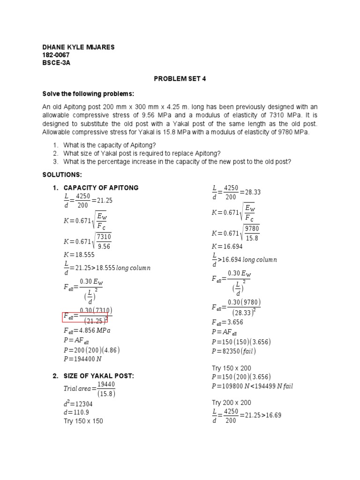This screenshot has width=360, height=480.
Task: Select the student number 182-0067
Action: [56, 55]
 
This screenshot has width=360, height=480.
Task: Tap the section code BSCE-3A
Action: [55, 62]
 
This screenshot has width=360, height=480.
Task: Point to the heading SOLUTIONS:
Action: [62, 175]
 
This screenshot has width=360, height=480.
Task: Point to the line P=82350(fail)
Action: [234, 351]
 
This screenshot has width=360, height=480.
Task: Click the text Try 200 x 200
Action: [232, 403]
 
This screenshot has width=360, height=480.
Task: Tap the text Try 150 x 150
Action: [83, 421]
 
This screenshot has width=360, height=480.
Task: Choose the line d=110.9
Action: [76, 412]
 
